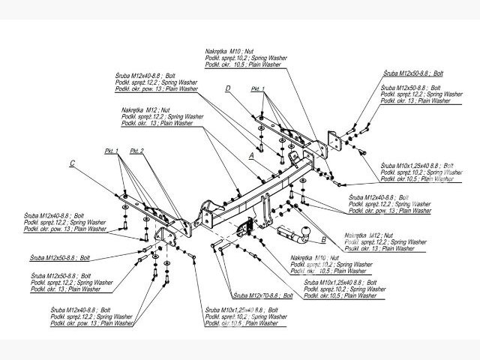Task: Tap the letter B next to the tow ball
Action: pyautogui.click(x=323, y=241)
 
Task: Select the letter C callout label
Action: pyautogui.click(x=72, y=163)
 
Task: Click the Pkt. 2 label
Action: pyautogui.click(x=137, y=151)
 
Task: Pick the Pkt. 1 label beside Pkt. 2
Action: pyautogui.click(x=112, y=151)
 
